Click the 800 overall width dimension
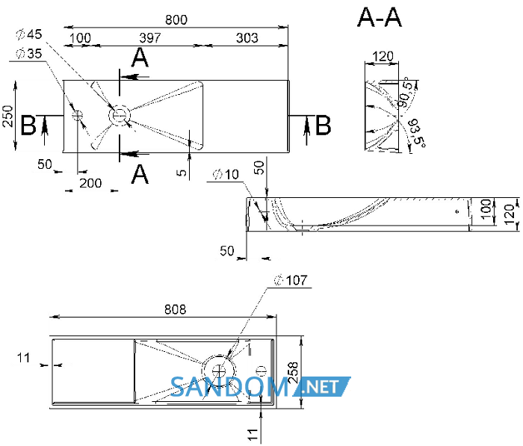point(176,20)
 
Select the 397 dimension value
point(150,38)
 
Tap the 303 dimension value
point(247,38)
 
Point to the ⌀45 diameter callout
point(29,34)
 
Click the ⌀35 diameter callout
point(29,53)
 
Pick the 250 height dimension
point(7,116)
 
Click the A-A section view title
point(380,17)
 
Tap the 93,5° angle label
point(417,134)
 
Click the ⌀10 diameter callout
point(226,175)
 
